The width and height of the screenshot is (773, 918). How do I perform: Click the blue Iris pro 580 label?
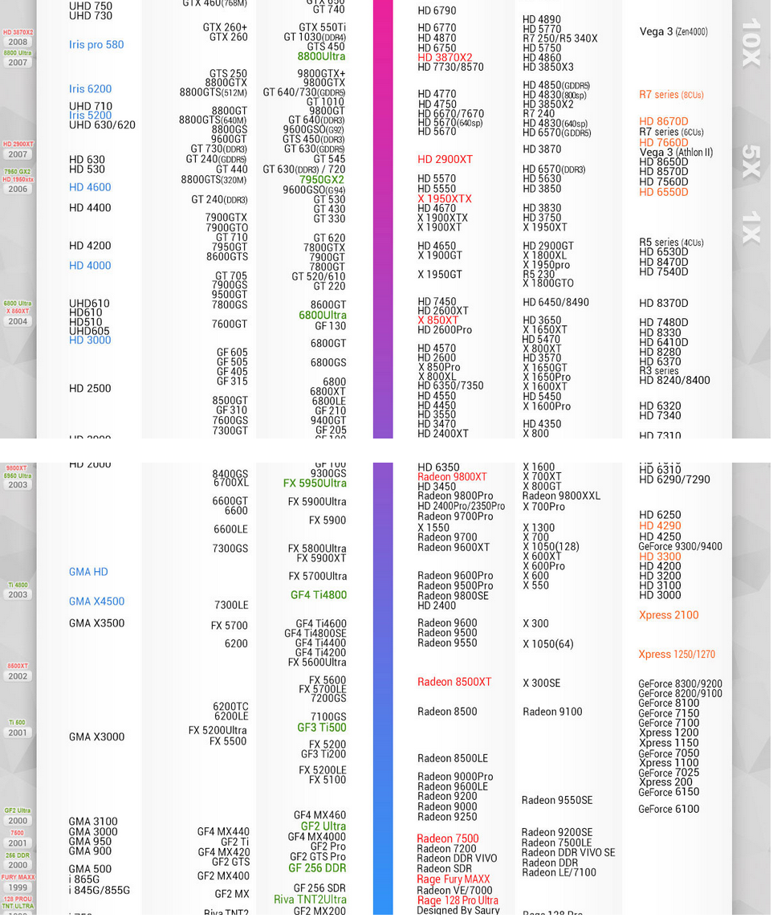96,45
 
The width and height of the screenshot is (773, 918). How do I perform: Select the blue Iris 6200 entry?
90,89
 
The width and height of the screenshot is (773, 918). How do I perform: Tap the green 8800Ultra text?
321,57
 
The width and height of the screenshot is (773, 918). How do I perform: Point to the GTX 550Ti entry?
322,27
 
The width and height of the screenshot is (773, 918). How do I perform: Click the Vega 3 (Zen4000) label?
673,32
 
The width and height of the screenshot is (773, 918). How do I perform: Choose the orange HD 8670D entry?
663,122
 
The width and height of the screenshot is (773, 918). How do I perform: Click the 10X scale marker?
751,43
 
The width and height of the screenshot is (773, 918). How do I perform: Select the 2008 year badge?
18,42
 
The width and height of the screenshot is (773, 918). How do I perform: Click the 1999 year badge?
18,887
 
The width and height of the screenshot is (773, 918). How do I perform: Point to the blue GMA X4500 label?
96,602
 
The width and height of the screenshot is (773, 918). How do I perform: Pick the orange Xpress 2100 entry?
669,615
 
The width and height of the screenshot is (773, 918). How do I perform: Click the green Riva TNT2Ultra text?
310,900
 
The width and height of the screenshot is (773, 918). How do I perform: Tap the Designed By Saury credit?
458,910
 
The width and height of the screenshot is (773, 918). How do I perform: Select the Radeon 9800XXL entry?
561,496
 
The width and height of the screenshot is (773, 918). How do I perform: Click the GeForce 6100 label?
669,810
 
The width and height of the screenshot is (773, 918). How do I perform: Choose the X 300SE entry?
542,683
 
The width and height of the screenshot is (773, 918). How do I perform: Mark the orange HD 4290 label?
660,526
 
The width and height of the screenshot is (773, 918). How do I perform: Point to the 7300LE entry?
231,606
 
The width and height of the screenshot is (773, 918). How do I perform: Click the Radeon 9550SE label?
557,801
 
